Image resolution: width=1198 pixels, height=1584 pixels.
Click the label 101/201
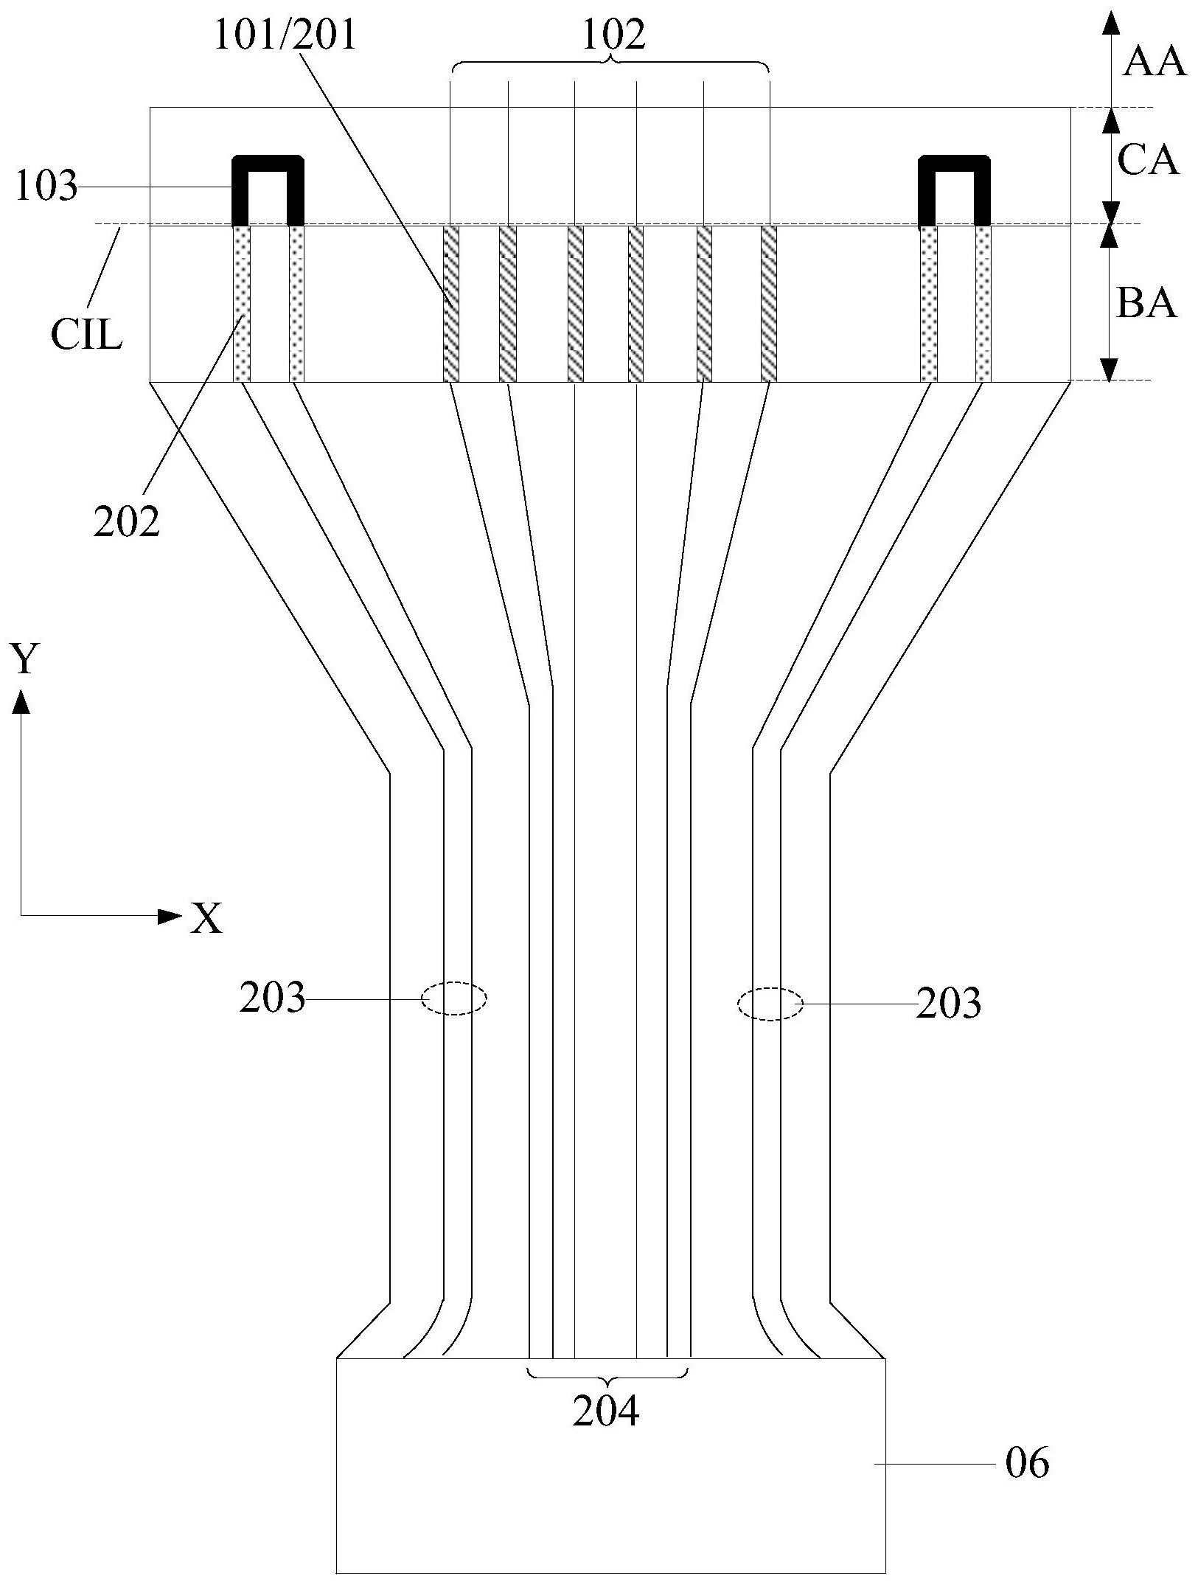[285, 35]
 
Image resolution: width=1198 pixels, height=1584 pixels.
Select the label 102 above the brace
[613, 35]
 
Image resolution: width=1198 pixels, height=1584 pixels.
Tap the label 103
[46, 187]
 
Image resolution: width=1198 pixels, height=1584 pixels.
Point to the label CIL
[86, 336]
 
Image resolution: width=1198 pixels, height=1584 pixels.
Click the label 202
[126, 522]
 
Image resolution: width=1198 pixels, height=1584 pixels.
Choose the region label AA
[1154, 63]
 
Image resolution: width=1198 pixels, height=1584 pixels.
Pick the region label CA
[1148, 160]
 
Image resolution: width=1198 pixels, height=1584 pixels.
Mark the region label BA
[1146, 302]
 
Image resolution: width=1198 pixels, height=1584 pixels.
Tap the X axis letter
[206, 919]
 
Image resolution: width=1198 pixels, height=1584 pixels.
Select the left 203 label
[271, 998]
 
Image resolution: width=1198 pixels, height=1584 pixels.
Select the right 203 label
[948, 1003]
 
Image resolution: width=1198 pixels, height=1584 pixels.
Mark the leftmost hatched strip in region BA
[451, 304]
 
